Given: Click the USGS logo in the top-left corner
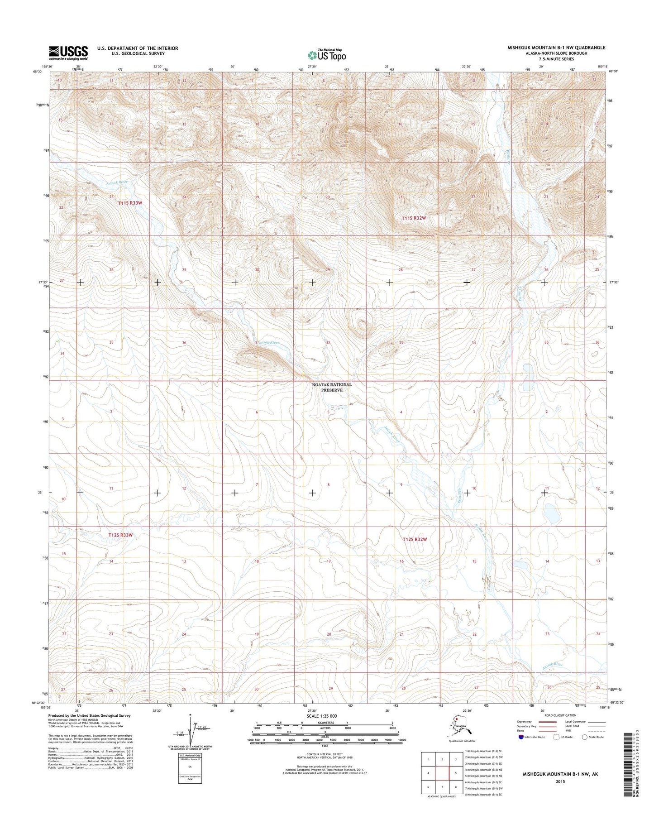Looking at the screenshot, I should point(68,53).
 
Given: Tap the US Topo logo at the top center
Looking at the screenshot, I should point(327,55).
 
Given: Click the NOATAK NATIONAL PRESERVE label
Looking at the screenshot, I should point(332,387).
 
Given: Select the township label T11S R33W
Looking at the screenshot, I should point(130,203).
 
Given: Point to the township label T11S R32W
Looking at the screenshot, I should point(414,218).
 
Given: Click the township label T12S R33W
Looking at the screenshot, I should point(120,535).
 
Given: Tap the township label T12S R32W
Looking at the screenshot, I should point(415,539).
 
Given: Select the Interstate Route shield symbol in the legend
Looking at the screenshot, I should point(521,737).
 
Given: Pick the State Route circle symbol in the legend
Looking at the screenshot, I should point(585,737).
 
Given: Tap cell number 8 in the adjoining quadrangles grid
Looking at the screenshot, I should point(456,787).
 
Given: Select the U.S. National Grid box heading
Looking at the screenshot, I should point(191,756).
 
